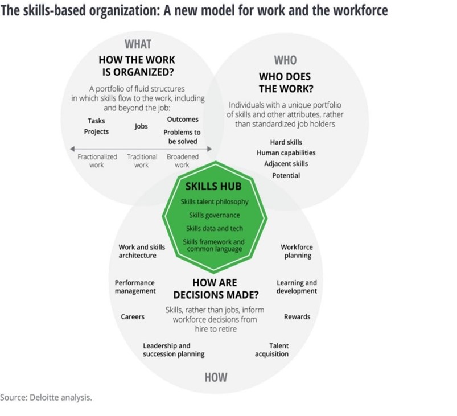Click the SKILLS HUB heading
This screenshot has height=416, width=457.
[x=213, y=187]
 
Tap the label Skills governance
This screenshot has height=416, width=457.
[x=215, y=215]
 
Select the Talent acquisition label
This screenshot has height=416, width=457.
[x=271, y=350]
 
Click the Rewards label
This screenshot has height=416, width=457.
[x=297, y=317]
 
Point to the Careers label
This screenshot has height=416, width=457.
[x=133, y=317]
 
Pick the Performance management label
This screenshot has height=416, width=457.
[x=135, y=287]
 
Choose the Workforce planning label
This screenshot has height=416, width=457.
[x=297, y=252]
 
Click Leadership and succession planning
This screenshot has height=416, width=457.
[x=174, y=350]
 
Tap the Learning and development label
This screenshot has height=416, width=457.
[x=297, y=287]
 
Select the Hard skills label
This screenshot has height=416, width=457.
[x=286, y=142]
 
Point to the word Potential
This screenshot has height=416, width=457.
[x=286, y=176]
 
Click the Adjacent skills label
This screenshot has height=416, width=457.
[x=286, y=164]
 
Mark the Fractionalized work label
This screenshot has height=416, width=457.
[x=97, y=161]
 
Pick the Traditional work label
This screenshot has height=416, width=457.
[x=142, y=161]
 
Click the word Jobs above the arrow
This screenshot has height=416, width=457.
[x=142, y=126]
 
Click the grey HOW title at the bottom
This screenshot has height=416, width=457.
[x=216, y=377]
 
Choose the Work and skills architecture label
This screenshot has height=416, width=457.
[x=142, y=252]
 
